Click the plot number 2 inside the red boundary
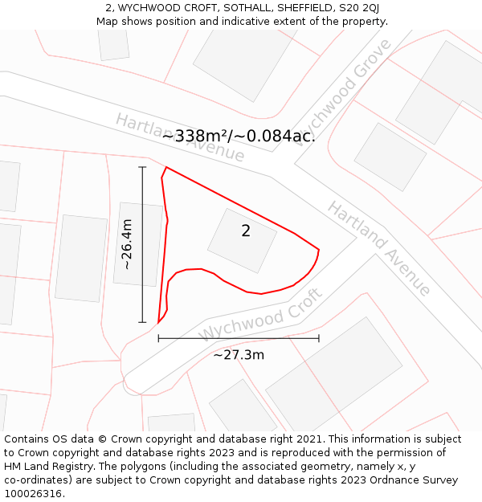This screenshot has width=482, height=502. pos(246,231)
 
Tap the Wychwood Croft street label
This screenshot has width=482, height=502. pos(261,314)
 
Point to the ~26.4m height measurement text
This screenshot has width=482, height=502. pos(127,244)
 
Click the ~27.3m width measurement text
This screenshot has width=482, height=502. pos(239,354)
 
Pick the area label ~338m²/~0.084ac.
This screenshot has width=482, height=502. pos(239,136)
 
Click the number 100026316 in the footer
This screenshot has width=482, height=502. pos(32,494)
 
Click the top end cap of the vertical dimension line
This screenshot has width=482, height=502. pos(142,167)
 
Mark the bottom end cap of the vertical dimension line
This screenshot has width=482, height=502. pos(142,322)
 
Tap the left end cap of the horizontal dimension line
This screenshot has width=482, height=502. pos(158,338)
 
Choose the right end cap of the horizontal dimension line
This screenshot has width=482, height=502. pos(319,338)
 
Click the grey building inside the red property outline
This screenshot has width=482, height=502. pos(242,240)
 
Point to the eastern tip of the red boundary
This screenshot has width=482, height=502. pos(319,250)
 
